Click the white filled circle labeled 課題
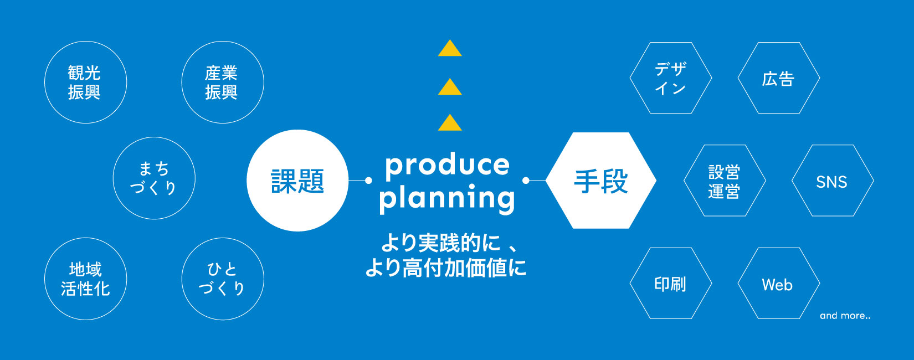click(297, 181)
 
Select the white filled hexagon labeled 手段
click(600, 181)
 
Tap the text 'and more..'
click(845, 316)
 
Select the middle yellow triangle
click(450, 87)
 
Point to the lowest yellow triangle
click(450, 123)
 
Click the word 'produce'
click(447, 166)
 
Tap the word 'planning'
click(447, 199)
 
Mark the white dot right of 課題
click(368, 180)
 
